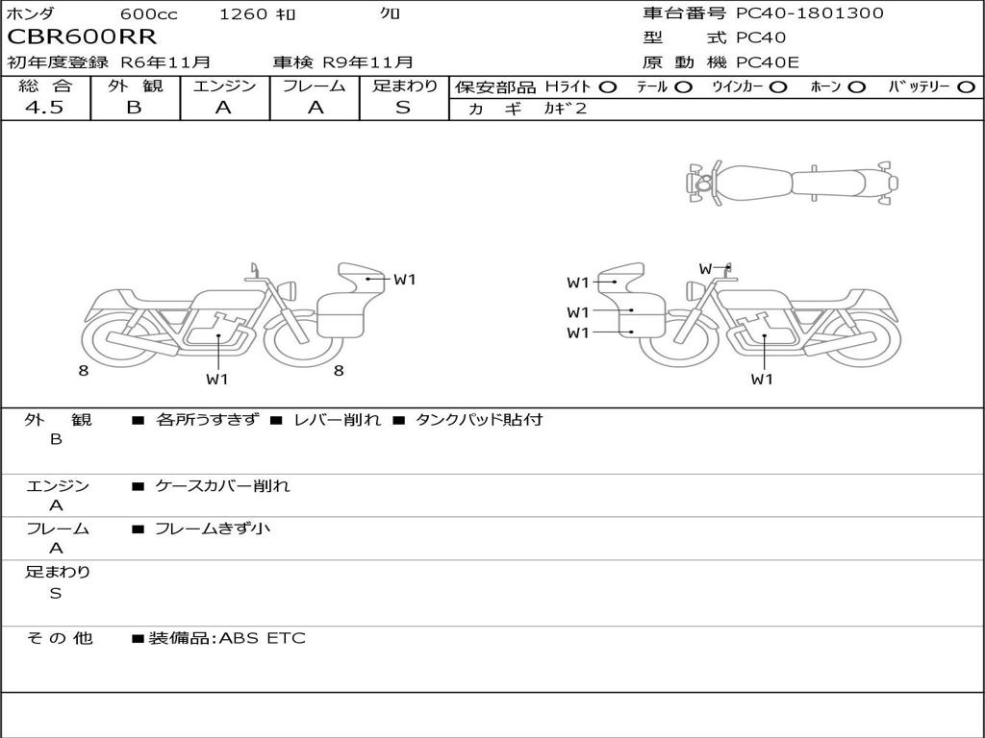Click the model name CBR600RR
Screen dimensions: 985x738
[x=82, y=37]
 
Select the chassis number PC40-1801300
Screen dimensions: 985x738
[x=809, y=12]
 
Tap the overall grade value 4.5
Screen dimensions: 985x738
[x=44, y=108]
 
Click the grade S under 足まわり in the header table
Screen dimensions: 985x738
[x=403, y=108]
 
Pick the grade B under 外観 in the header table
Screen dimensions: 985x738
[x=134, y=108]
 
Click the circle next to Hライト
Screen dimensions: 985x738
[x=608, y=87]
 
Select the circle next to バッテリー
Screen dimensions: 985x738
[x=966, y=87]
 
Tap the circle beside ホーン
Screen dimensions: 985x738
[x=856, y=87]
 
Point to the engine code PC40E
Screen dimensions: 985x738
[x=767, y=62]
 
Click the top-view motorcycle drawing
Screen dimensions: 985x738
[x=792, y=183]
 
